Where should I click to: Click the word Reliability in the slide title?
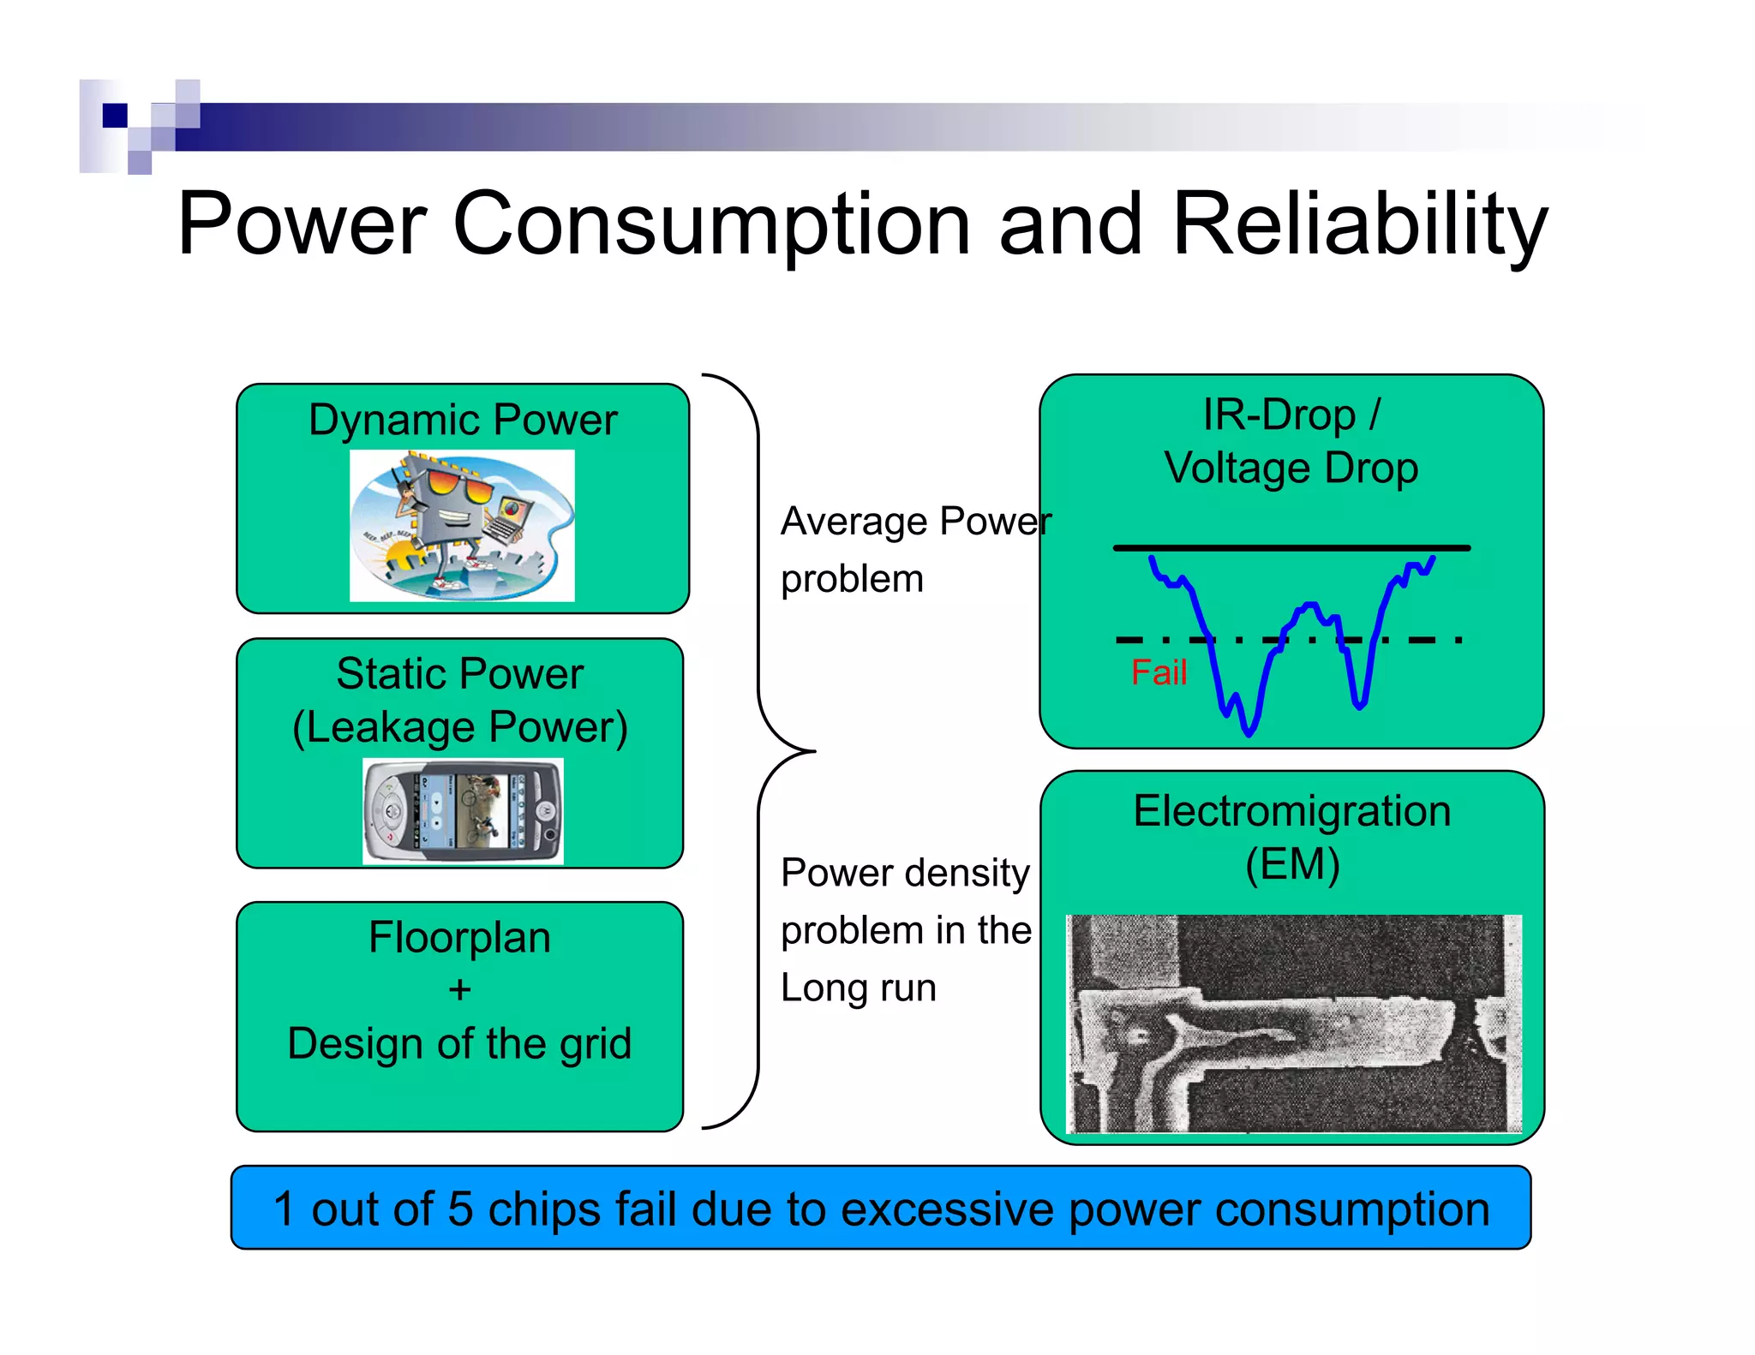coord(1359,224)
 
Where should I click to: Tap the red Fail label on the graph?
coord(1159,672)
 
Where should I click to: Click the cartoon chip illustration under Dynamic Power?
coord(462,526)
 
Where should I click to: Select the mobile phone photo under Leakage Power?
coord(463,811)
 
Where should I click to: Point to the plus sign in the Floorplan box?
coord(460,990)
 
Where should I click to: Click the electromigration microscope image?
coord(1293,1024)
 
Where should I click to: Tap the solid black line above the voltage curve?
coord(1291,547)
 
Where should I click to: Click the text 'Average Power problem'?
coord(915,549)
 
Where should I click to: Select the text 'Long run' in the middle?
coord(859,988)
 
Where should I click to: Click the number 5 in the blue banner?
coord(460,1209)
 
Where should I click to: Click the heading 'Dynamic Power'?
coord(463,420)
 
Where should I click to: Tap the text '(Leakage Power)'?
coord(460,727)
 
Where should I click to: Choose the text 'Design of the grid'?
coord(460,1043)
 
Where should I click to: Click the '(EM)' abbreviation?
coord(1292,863)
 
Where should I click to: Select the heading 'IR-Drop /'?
coord(1291,415)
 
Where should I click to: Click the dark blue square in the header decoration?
coord(115,115)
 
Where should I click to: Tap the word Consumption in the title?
coord(711,224)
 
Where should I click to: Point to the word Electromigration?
coord(1292,810)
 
